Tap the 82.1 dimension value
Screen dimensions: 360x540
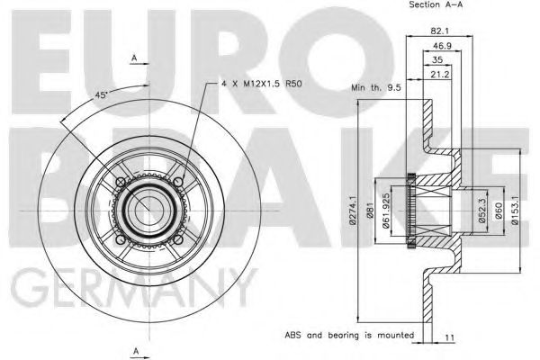(x=439, y=29)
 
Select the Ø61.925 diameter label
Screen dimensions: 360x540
(x=387, y=216)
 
